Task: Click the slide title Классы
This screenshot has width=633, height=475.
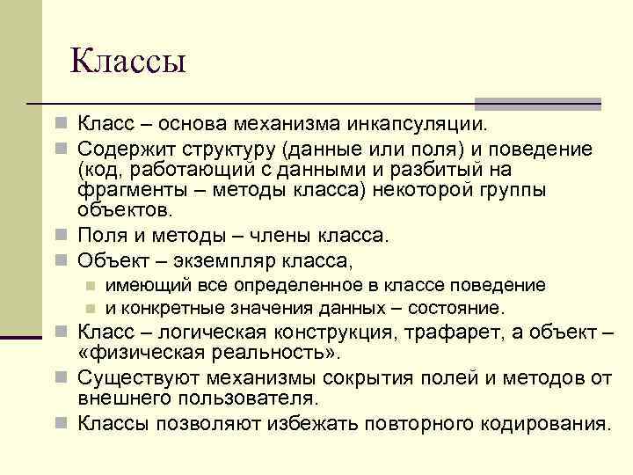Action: pyautogui.click(x=127, y=62)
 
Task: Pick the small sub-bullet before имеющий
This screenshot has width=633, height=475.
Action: pyautogui.click(x=90, y=286)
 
